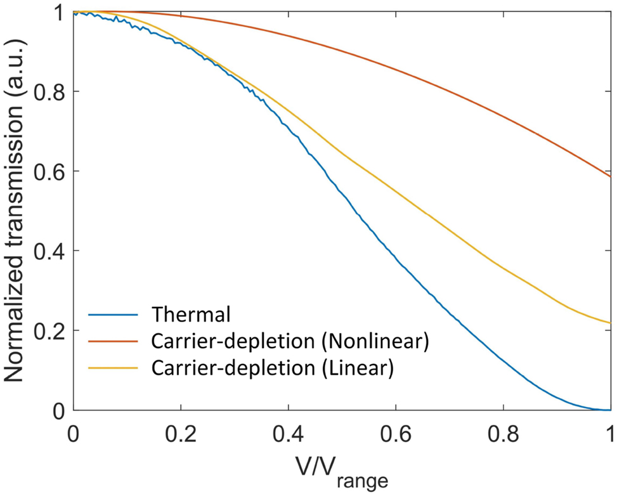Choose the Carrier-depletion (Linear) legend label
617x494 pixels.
[x=273, y=368]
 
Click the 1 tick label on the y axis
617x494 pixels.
[x=60, y=13]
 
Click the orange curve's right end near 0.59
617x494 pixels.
[x=609, y=176]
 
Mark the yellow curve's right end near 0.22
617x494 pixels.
[x=609, y=323]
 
